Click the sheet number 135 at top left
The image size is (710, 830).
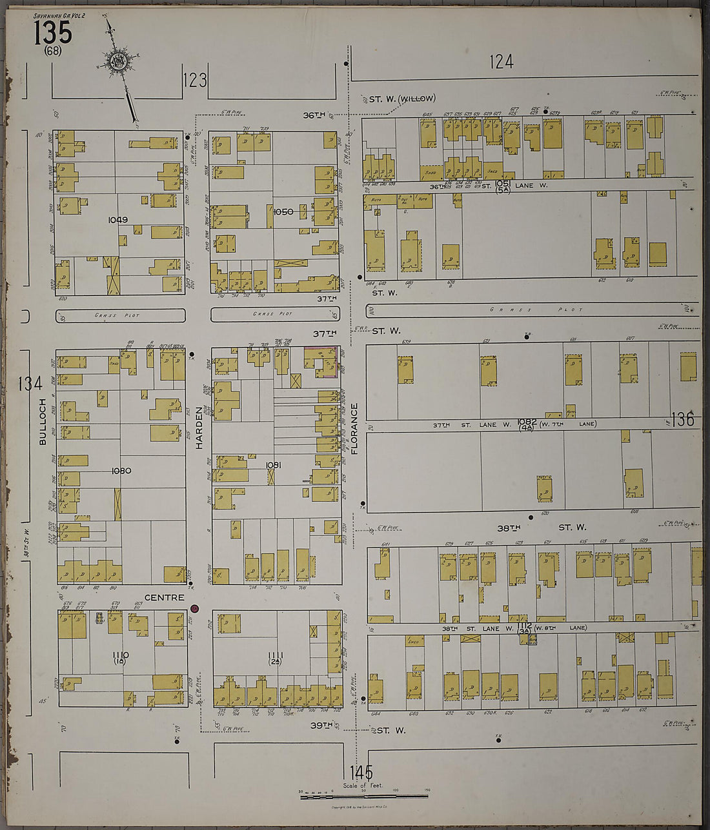(53, 32)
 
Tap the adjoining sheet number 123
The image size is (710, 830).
(195, 80)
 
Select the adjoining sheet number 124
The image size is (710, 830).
(501, 62)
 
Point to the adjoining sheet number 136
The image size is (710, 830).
(682, 420)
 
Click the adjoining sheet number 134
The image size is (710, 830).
(30, 384)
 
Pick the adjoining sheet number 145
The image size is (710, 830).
(361, 772)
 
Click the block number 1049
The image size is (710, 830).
(117, 220)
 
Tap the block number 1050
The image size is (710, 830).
(283, 212)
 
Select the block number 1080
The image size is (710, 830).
(121, 471)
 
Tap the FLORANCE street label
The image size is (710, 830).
(354, 429)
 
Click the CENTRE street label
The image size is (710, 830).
(164, 598)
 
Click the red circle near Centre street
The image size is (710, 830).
(194, 608)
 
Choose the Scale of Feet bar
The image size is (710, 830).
(364, 796)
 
